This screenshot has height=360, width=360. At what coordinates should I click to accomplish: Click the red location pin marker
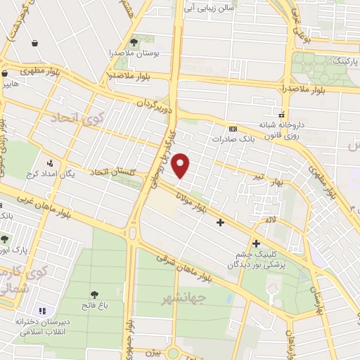[x=181, y=165]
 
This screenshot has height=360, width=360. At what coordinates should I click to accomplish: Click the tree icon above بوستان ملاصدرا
[x=134, y=42]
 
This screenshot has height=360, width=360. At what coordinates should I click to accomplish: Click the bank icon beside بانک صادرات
[x=233, y=129]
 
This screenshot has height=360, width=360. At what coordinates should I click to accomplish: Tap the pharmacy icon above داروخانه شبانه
[x=281, y=114]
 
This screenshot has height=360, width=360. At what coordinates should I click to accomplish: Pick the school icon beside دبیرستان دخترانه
[x=41, y=310]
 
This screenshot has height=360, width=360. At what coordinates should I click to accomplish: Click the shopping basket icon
[x=34, y=44]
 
